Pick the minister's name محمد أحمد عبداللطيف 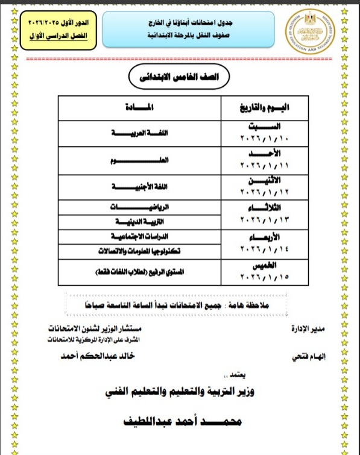[181, 422]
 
